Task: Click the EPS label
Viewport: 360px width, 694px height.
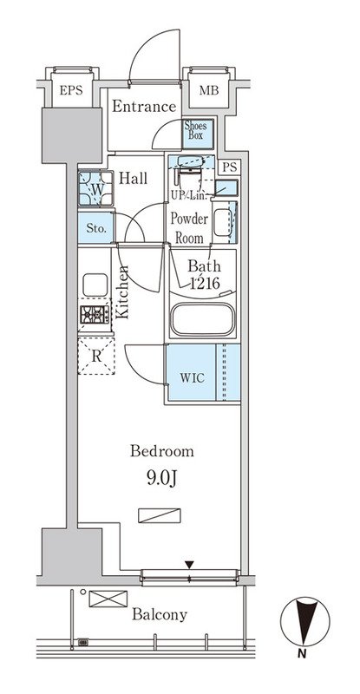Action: point(71,91)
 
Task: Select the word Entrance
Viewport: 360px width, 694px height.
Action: point(144,107)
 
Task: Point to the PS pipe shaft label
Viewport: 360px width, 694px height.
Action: point(230,167)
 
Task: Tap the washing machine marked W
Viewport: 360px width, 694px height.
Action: point(95,188)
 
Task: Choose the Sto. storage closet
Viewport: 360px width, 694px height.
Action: point(96,228)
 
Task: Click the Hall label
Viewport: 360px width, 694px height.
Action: point(134,179)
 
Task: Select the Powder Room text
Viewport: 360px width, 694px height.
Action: point(189,228)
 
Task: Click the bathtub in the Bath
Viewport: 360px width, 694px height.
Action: point(203,319)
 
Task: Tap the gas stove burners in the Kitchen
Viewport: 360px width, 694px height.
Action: point(95,315)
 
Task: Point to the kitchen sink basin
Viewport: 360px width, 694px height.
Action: point(95,285)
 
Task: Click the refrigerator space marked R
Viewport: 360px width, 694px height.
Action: point(96,357)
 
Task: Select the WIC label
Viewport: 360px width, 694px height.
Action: point(192,378)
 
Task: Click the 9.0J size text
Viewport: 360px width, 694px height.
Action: point(161,479)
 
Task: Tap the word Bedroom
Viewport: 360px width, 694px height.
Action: point(161,451)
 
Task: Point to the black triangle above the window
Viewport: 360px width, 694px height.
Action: point(189,565)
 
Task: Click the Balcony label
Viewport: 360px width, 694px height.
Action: point(160,615)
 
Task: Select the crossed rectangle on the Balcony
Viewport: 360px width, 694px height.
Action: point(108,599)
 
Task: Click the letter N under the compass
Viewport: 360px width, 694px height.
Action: point(302,654)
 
